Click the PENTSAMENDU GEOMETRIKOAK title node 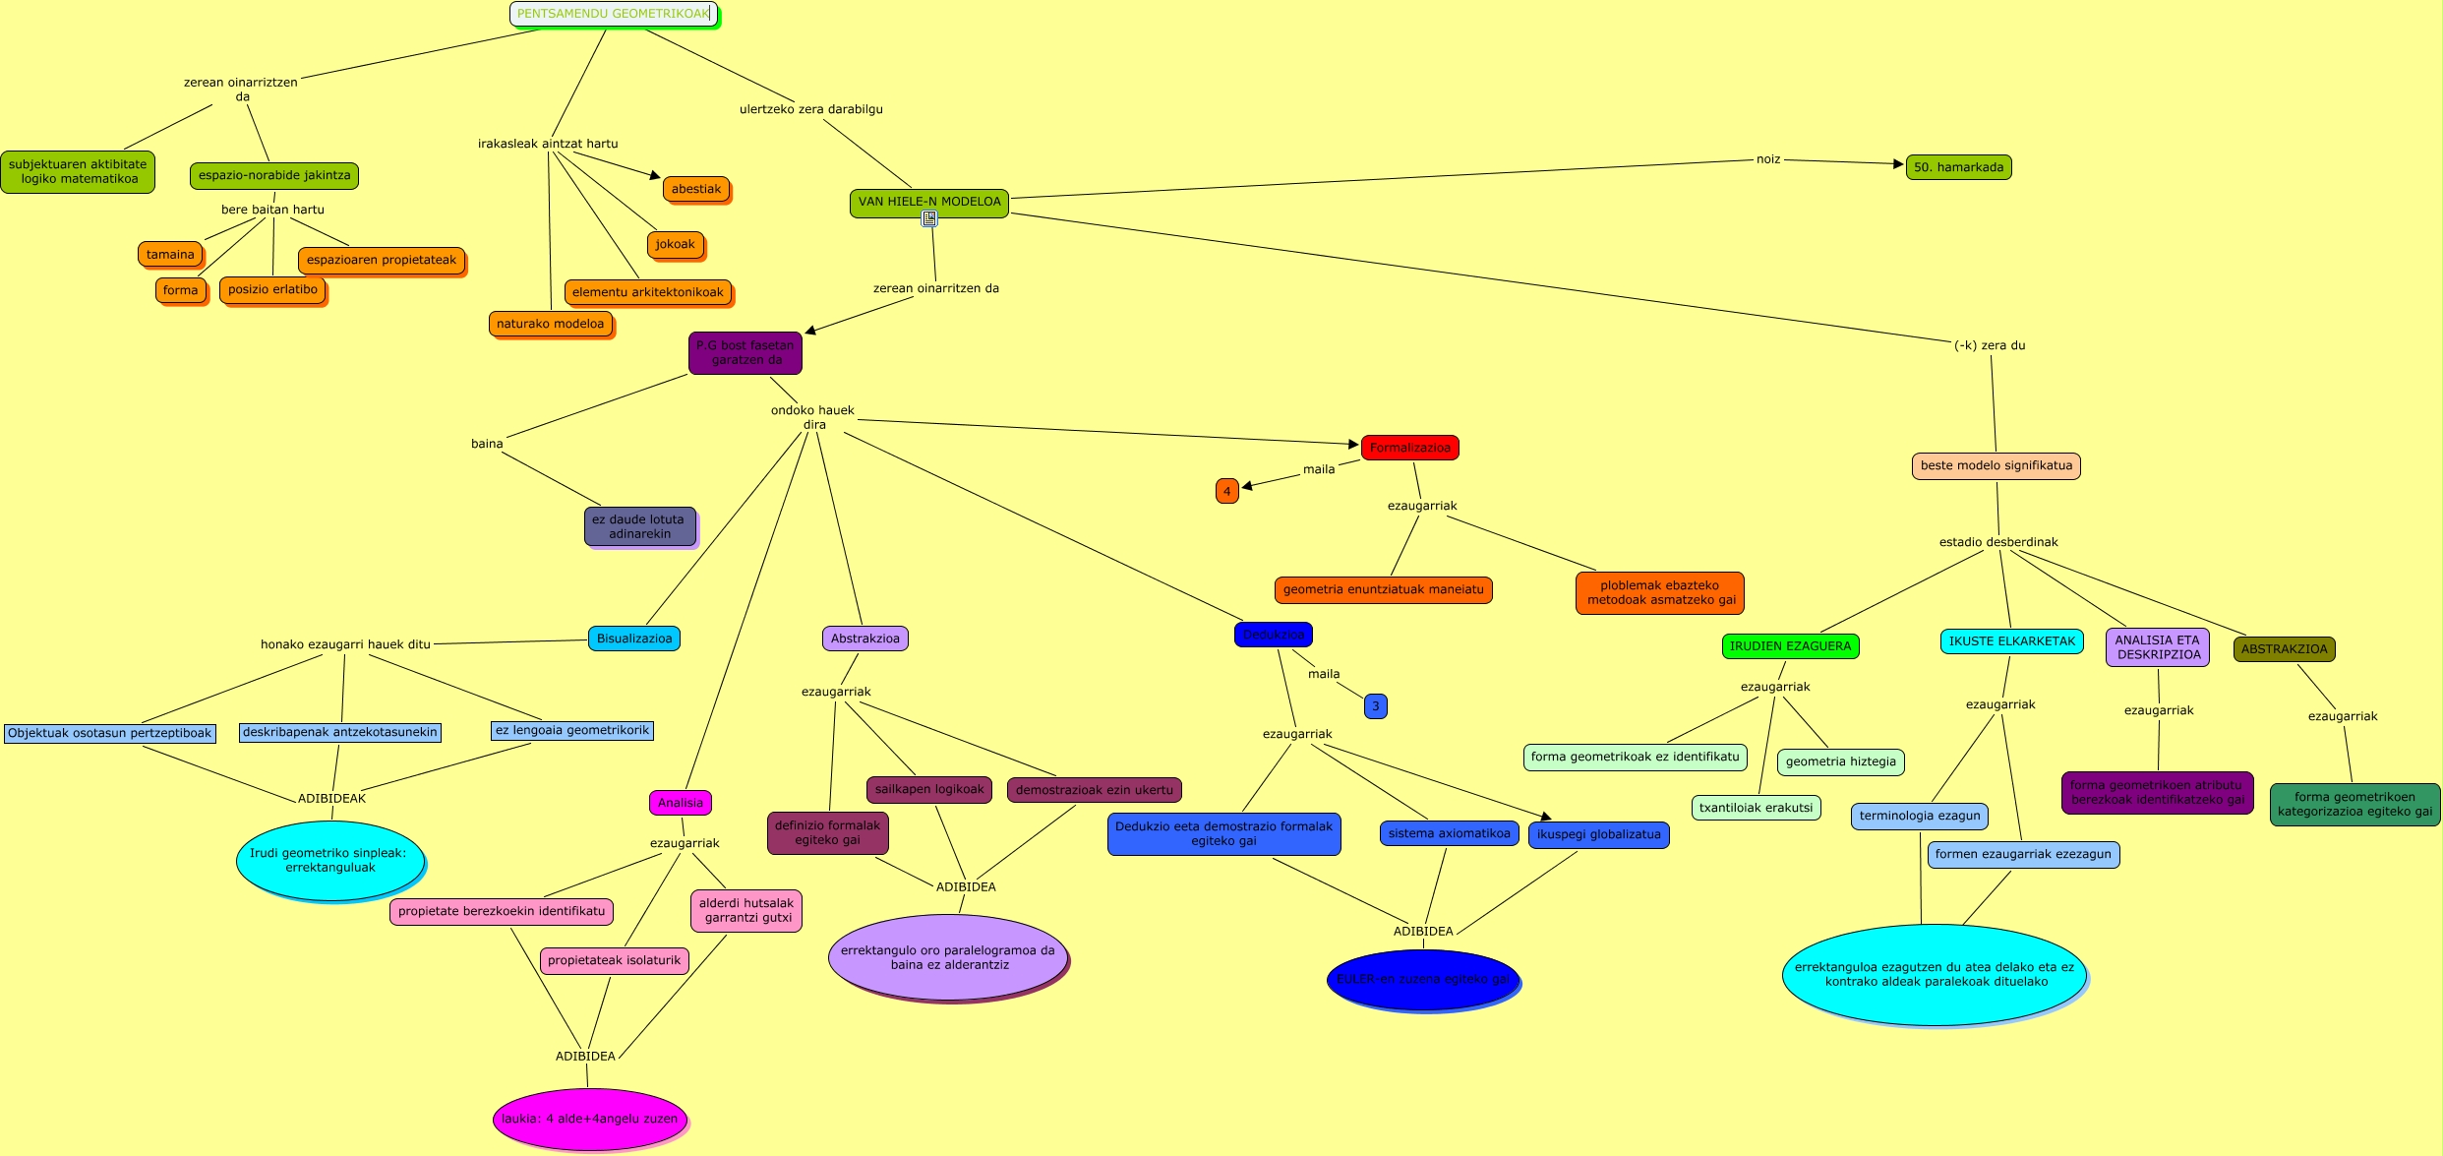[x=613, y=14]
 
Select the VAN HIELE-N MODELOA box [x=928, y=202]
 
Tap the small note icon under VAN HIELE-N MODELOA [x=929, y=218]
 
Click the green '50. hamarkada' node [x=1958, y=167]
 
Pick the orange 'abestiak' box [x=696, y=189]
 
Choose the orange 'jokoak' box [x=675, y=244]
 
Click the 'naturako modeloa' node [x=550, y=324]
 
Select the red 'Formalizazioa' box [x=1409, y=448]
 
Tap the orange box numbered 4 [x=1226, y=491]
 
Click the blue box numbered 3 [x=1375, y=706]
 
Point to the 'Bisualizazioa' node [x=634, y=639]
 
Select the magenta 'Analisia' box [x=680, y=803]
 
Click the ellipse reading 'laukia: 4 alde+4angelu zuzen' [x=589, y=1119]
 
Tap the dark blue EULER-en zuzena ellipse [x=1422, y=979]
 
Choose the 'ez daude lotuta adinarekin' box [x=639, y=526]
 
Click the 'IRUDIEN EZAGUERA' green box [x=1790, y=646]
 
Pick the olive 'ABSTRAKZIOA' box [x=2284, y=649]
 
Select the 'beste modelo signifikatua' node [x=1996, y=465]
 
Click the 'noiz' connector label [x=1768, y=159]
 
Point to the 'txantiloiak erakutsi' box [x=1756, y=808]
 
